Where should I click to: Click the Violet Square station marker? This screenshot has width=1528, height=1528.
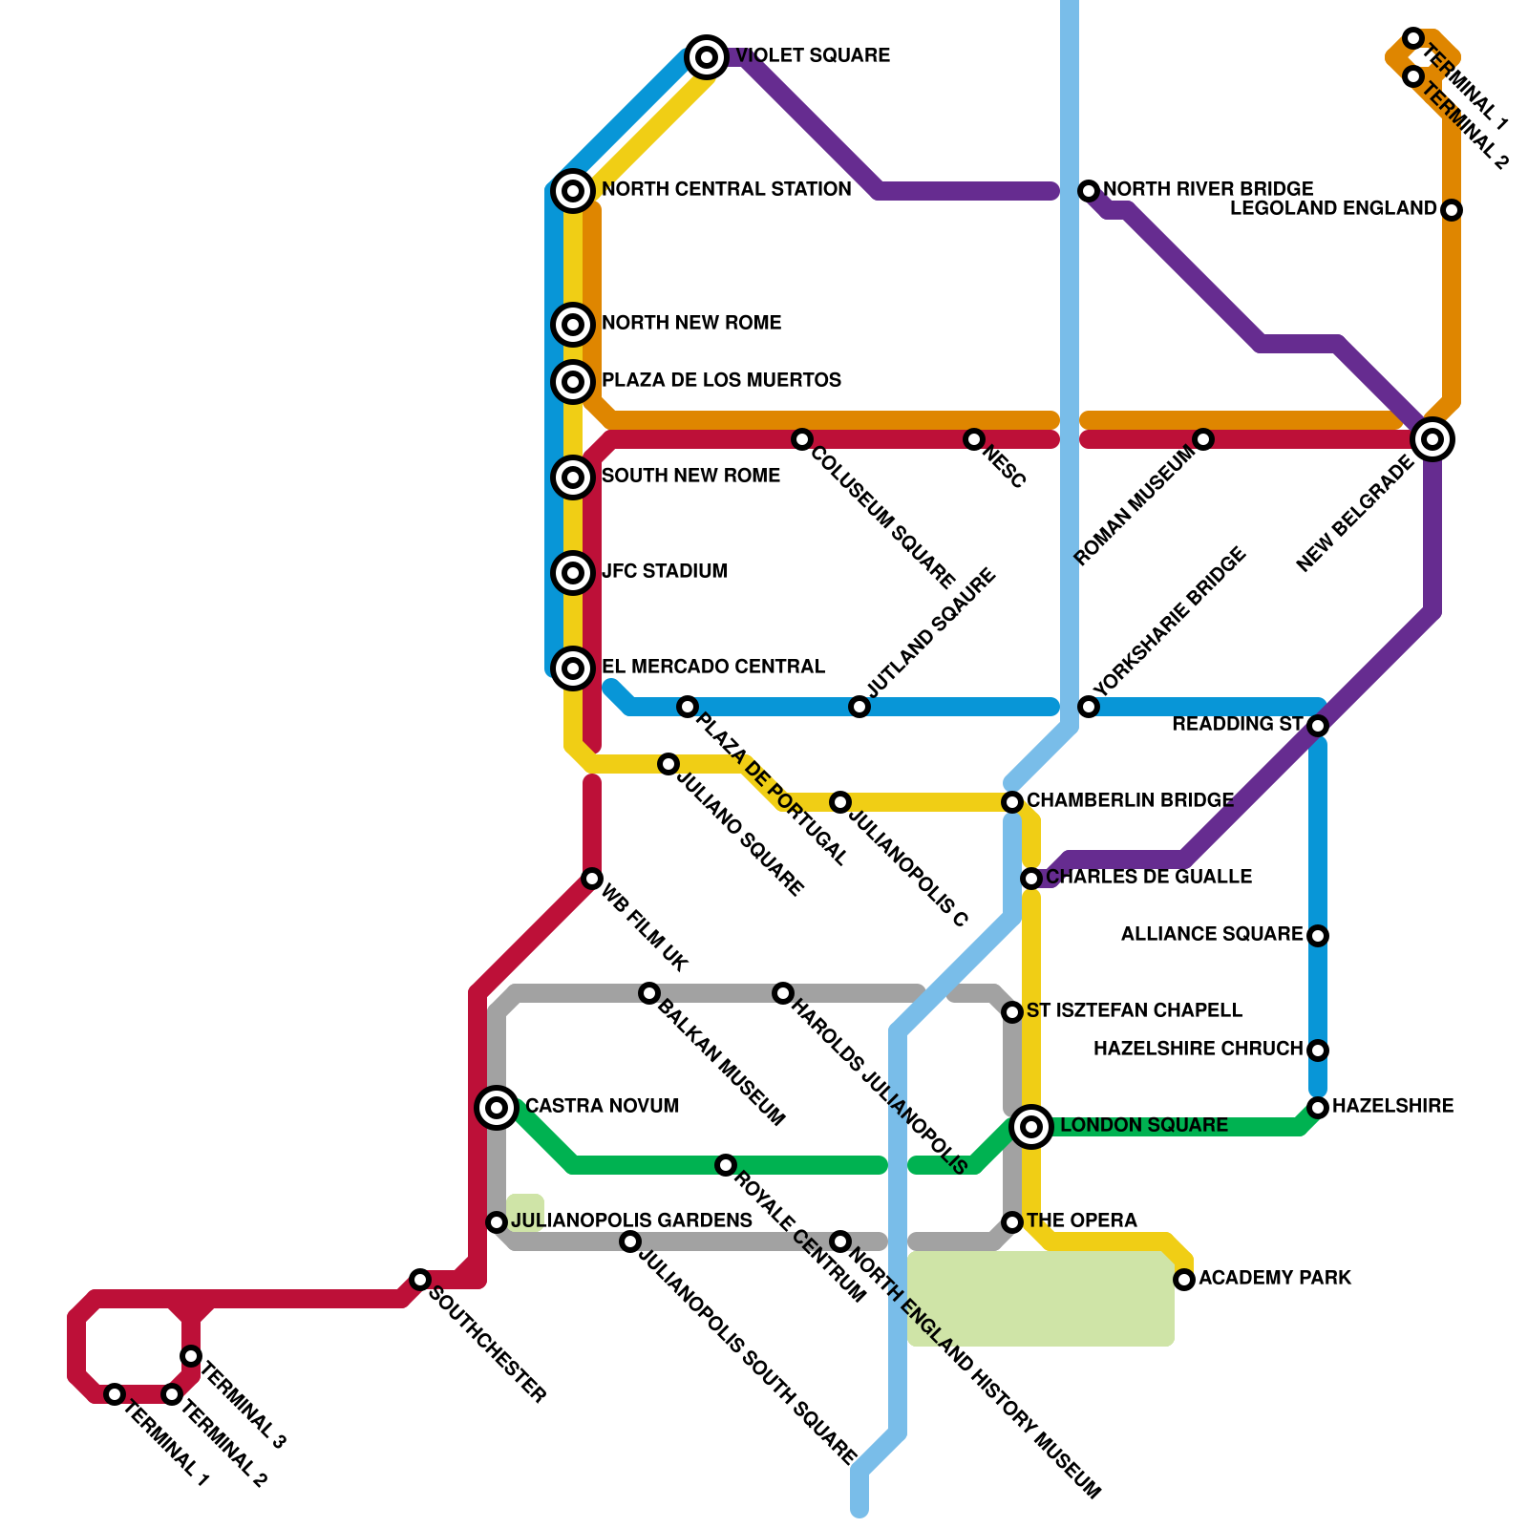[x=706, y=57]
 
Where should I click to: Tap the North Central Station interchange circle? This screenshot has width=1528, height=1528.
[x=573, y=191]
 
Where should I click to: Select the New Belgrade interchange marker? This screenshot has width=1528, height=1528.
[x=1432, y=439]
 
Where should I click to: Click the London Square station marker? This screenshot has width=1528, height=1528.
[x=1031, y=1127]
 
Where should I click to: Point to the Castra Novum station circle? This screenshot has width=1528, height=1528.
[x=497, y=1108]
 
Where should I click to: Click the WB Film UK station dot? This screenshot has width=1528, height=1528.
[x=592, y=879]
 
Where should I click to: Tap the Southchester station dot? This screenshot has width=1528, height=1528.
[x=420, y=1280]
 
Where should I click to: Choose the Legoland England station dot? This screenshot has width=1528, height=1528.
[x=1452, y=210]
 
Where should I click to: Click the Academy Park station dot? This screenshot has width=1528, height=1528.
[x=1184, y=1280]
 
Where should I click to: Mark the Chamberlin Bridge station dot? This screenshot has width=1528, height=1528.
[x=1012, y=802]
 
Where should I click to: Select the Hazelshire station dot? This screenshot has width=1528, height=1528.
[x=1318, y=1108]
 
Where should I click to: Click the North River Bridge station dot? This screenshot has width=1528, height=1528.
[x=1089, y=191]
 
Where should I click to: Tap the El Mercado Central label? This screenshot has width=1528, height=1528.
[x=713, y=667]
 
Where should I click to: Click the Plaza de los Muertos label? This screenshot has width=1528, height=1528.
[x=721, y=380]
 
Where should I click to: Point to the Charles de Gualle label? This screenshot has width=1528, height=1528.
[x=1149, y=877]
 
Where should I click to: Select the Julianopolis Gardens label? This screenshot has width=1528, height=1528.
[x=631, y=1220]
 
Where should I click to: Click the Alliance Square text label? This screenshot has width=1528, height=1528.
[x=1212, y=934]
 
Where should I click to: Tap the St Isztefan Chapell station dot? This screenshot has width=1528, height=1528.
[x=1012, y=1012]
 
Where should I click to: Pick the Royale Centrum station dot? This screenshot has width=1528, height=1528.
[x=726, y=1165]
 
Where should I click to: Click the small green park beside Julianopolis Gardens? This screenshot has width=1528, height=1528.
[x=524, y=1211]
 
